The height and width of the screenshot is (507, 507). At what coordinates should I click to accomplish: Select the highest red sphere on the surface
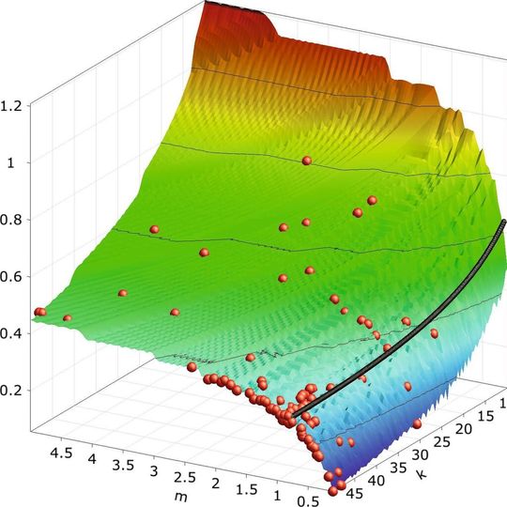coord(306,161)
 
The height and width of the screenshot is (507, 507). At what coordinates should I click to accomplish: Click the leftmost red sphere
coord(39,311)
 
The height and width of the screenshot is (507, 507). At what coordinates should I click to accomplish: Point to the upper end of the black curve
coord(503,223)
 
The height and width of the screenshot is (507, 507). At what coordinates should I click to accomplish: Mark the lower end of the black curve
coord(294,414)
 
